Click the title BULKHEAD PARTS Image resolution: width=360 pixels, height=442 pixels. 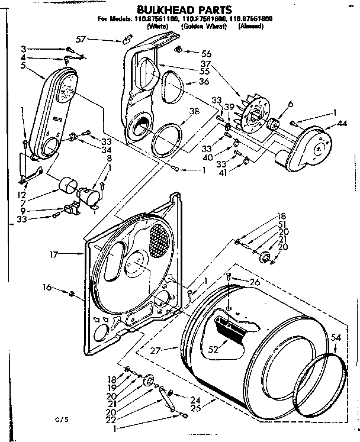179,10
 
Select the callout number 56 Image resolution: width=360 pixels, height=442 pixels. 207,53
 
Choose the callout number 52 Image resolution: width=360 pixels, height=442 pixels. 213,350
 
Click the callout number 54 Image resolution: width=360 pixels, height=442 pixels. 336,337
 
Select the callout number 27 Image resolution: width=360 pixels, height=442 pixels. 156,350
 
